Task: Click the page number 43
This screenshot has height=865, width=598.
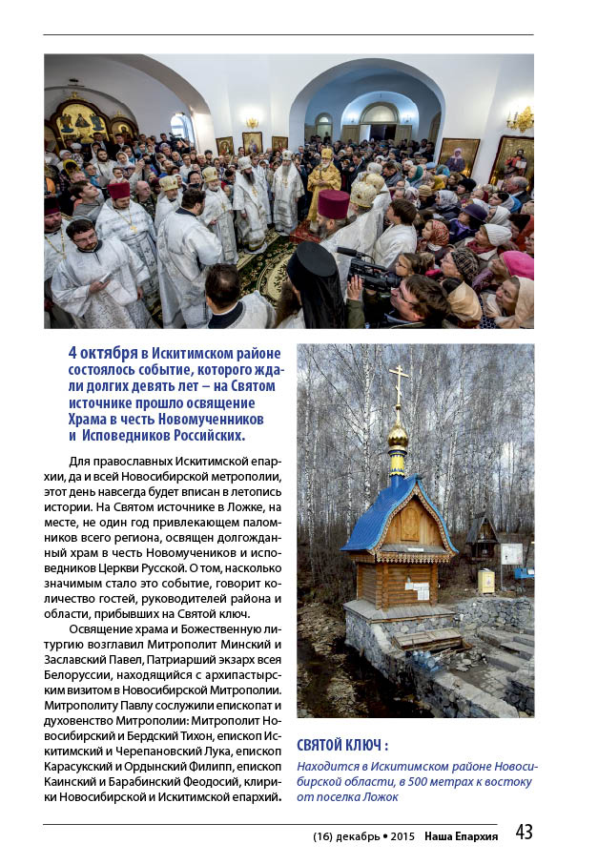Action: pyautogui.click(x=524, y=833)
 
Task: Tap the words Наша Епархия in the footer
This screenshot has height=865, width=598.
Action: pyautogui.click(x=462, y=836)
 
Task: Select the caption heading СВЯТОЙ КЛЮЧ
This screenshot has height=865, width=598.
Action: pyautogui.click(x=342, y=746)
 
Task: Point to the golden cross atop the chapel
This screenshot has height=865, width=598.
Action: pyautogui.click(x=398, y=384)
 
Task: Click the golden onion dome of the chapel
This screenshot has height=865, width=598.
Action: pyautogui.click(x=398, y=436)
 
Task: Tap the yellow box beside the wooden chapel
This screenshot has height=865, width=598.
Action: pyautogui.click(x=485, y=581)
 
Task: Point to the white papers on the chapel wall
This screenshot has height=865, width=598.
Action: pyautogui.click(x=417, y=590)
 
